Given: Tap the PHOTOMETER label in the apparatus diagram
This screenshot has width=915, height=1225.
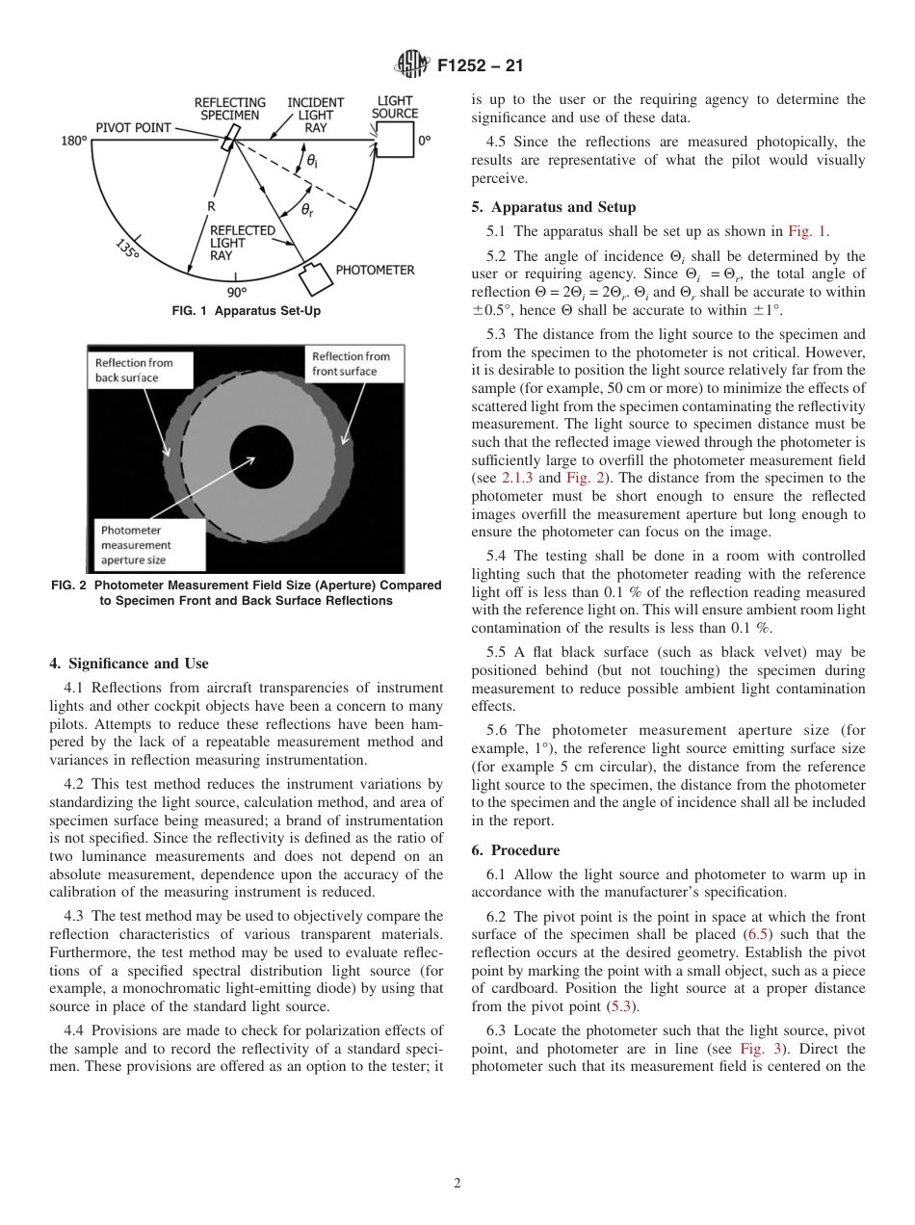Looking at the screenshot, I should (x=375, y=271).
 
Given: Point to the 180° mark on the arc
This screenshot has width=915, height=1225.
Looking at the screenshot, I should (x=74, y=142).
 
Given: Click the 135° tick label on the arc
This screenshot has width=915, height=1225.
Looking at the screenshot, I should (x=127, y=248).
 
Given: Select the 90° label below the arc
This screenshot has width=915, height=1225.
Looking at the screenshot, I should (x=237, y=292).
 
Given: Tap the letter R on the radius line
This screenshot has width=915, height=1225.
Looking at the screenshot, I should (x=210, y=206).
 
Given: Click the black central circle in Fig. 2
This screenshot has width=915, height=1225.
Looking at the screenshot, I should (x=263, y=456).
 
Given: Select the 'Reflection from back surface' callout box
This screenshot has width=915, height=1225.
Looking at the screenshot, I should (x=141, y=371).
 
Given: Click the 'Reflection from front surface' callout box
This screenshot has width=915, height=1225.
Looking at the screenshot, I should (x=351, y=364).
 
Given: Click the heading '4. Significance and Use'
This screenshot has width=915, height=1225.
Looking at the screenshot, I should (x=128, y=664).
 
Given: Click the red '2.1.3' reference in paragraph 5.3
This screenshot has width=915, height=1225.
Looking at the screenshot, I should (x=516, y=479).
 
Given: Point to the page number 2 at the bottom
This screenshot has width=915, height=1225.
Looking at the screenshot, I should (x=457, y=1184).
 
